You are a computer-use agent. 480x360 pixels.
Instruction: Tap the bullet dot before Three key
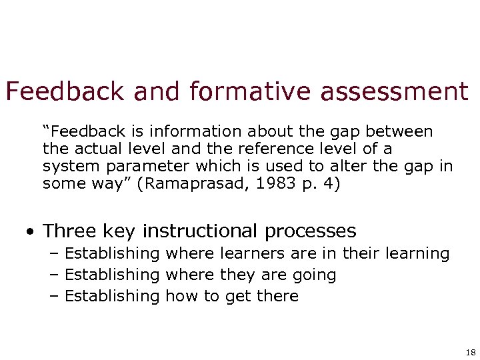(31, 233)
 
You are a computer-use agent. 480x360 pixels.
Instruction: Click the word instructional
(202, 231)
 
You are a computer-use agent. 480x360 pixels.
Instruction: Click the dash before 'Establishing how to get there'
(54, 296)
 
